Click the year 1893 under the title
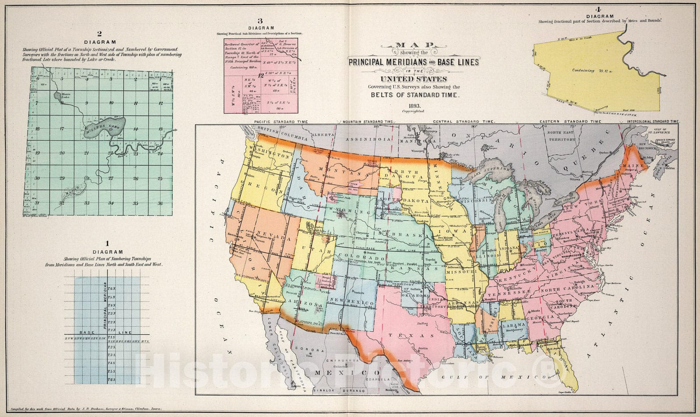point(414,106)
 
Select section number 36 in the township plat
point(160,203)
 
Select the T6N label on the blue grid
point(112,289)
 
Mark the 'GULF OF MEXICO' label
point(491,377)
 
